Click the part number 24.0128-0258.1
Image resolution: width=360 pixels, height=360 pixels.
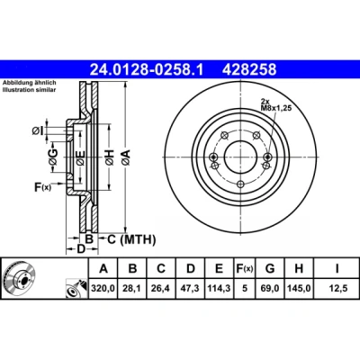coord(147,69)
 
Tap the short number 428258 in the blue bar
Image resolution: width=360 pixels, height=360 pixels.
coord(249,69)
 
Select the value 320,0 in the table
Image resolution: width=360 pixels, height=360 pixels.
coord(103,288)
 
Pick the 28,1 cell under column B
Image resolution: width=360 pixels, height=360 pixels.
coord(132,288)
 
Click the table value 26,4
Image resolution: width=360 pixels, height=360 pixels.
coord(161,288)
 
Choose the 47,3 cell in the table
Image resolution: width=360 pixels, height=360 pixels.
coord(191,288)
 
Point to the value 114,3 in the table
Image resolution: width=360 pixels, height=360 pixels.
coord(219,288)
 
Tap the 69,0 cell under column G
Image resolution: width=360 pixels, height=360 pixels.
coord(270,288)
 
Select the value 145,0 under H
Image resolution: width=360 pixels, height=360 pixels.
coord(299,288)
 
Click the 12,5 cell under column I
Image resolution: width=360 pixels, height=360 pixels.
coord(337,288)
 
